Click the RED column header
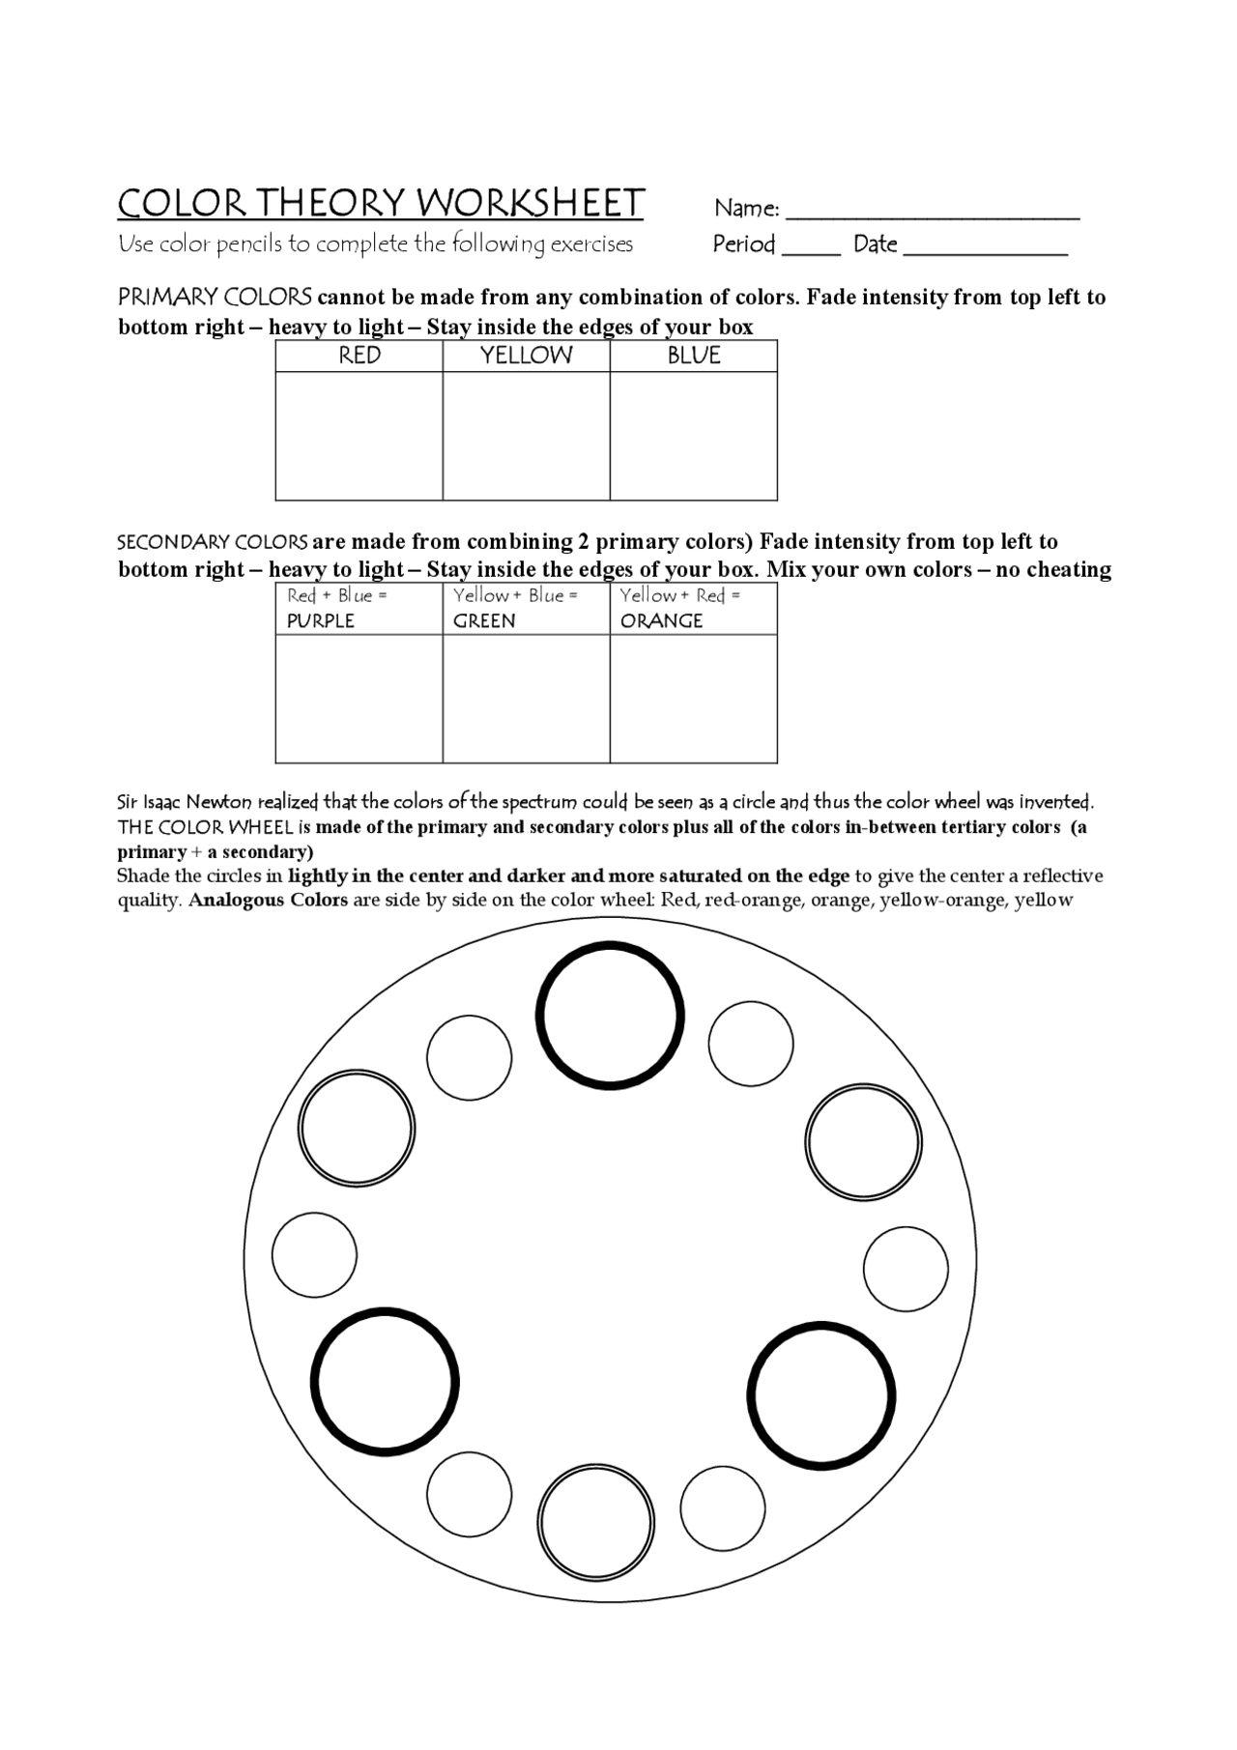[x=360, y=356]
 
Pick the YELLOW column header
[x=527, y=356]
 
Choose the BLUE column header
[x=694, y=356]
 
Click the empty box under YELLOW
[x=527, y=436]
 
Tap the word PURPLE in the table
[x=321, y=621]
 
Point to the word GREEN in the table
[x=484, y=621]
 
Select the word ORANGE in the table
[x=662, y=621]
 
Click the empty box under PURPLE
[x=360, y=698]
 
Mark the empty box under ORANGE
[x=694, y=698]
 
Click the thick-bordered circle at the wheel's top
[x=610, y=1016]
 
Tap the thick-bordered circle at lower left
[x=385, y=1381]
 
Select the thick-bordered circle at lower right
[x=821, y=1396]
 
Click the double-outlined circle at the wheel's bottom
[x=596, y=1522]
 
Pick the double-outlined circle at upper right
[x=863, y=1143]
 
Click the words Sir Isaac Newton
[x=185, y=802]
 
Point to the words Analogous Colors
[x=269, y=901]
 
